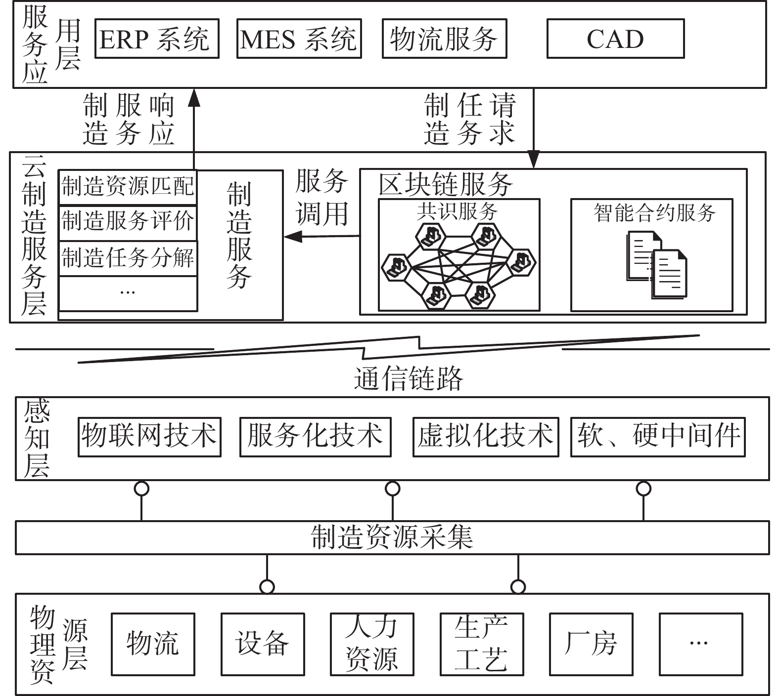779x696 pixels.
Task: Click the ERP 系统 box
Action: tap(156, 39)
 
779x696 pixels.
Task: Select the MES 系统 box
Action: tap(299, 39)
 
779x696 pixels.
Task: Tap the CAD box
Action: tap(615, 39)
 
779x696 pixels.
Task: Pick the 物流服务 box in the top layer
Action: tap(444, 39)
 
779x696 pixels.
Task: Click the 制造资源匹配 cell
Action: tap(128, 187)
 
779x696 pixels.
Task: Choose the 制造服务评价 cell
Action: tap(128, 221)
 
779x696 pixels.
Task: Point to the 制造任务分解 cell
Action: tap(128, 258)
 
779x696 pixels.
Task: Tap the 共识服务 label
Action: tap(457, 211)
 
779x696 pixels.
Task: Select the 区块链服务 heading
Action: tap(445, 185)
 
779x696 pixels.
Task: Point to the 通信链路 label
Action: tap(409, 379)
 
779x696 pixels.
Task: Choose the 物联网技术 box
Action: tap(149, 437)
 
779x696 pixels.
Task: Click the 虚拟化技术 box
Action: tap(486, 437)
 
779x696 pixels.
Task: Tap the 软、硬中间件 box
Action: tap(658, 437)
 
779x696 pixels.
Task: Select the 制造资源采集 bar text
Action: tap(392, 537)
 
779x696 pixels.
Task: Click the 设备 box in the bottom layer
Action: tap(263, 644)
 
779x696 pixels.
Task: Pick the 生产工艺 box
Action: tap(481, 644)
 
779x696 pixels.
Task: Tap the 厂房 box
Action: tap(591, 644)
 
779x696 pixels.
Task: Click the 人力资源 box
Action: tap(372, 644)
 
